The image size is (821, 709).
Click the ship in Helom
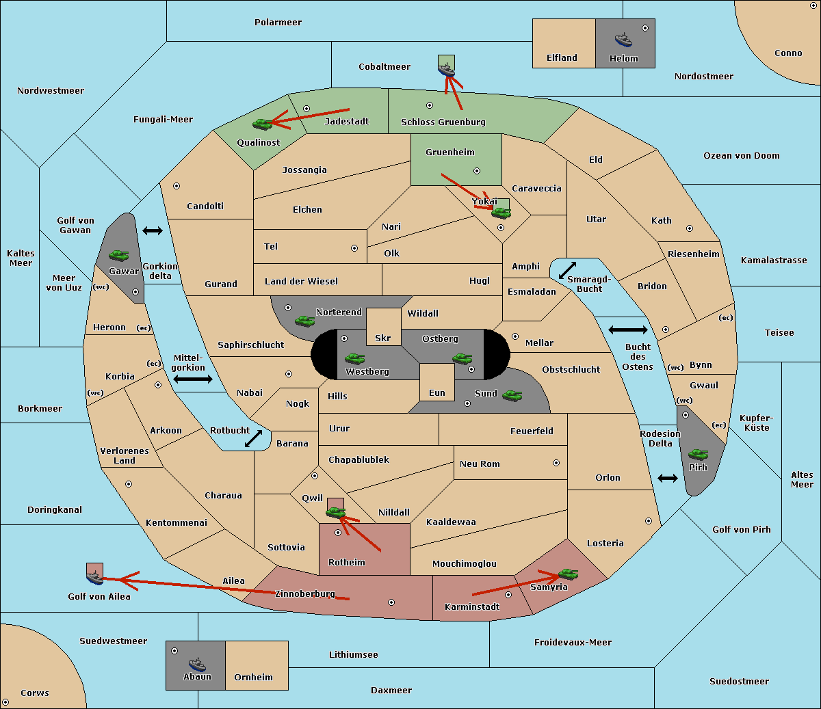(x=623, y=40)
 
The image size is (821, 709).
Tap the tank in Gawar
(x=119, y=256)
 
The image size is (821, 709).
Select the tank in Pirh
(x=698, y=455)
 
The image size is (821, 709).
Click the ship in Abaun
(x=197, y=664)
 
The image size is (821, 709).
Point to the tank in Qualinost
(x=262, y=124)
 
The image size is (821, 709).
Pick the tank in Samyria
(x=568, y=574)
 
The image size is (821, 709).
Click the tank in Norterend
(x=304, y=321)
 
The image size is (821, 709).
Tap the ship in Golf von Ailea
(x=95, y=578)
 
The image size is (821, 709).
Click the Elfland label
(x=562, y=58)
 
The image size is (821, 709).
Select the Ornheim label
(x=253, y=678)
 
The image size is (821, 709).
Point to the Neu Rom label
(x=480, y=464)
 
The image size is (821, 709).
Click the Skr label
(x=383, y=338)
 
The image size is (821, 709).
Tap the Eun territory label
(x=437, y=393)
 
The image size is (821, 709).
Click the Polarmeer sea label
(x=278, y=23)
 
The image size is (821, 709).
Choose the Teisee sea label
(x=779, y=333)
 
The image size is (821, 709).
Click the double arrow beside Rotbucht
(x=254, y=439)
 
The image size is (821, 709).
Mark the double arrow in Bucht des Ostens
(x=627, y=330)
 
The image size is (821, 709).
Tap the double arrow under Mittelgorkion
(x=193, y=379)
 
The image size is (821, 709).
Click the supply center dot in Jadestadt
(x=307, y=108)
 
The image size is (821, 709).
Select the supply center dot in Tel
(x=354, y=248)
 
